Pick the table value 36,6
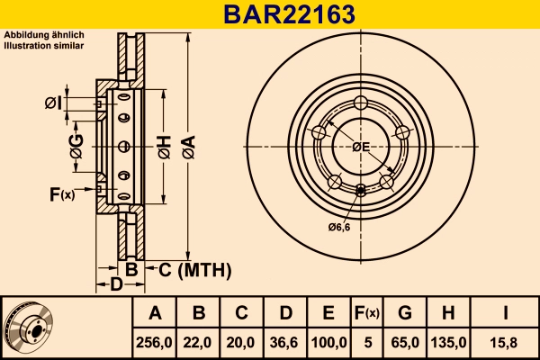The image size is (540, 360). point(285,342)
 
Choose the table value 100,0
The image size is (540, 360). point(328,342)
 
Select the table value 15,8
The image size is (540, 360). point(504,342)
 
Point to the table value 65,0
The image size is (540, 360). point(404,342)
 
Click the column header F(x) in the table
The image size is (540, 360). point(367,313)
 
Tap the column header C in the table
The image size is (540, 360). point(241,313)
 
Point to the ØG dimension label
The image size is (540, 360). point(76,148)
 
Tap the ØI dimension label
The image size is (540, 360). point(53,103)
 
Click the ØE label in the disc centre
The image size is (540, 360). point(361,146)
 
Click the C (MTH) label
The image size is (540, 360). point(196,269)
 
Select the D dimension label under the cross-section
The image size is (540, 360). point(115,285)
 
